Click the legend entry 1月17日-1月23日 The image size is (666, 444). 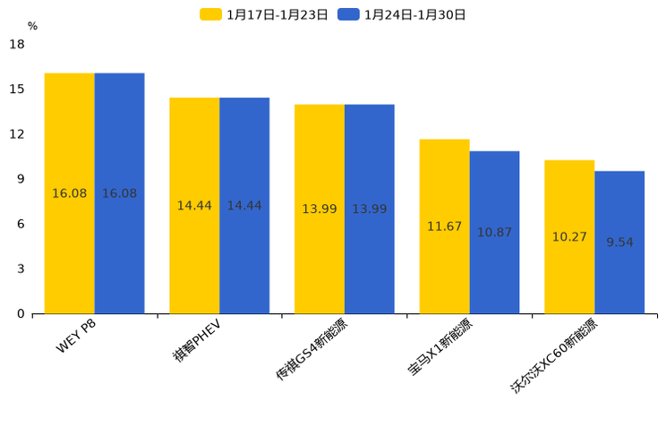coord(264,14)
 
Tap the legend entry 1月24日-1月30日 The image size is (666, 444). coord(402,14)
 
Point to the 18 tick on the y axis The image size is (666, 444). coord(17,44)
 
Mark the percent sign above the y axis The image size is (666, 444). coord(32,26)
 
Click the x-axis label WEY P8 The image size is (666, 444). coord(76,336)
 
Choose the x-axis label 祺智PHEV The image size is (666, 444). coord(197,339)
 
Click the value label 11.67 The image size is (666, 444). coord(444,226)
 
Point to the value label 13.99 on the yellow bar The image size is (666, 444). coord(320,209)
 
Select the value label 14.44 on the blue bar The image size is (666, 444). coord(244,206)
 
